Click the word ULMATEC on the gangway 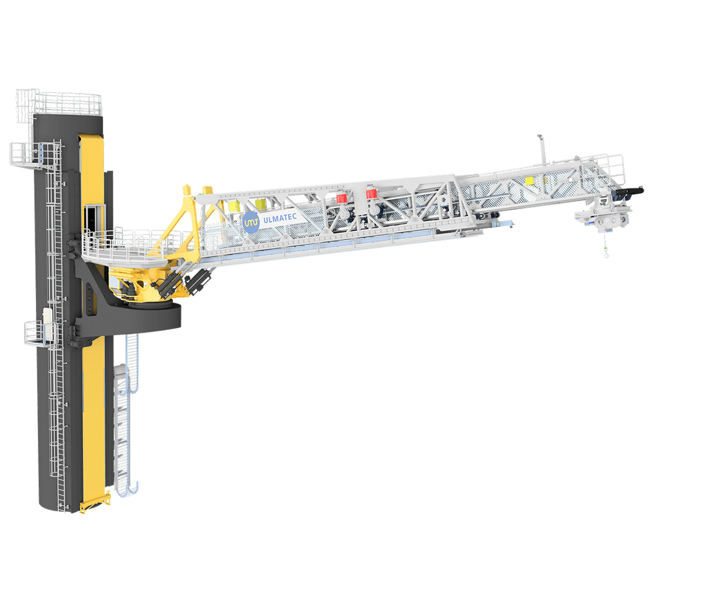(279, 218)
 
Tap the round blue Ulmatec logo (251, 222)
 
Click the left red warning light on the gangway (341, 198)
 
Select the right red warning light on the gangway (371, 194)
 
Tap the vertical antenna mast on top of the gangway (542, 149)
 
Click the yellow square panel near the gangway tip (529, 181)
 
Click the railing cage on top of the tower (59, 102)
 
